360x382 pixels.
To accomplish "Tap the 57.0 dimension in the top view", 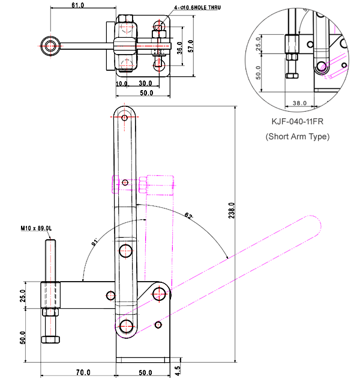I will click(x=190, y=46).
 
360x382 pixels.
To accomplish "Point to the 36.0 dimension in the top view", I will click(x=180, y=47).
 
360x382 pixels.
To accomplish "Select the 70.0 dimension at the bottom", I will click(x=83, y=372).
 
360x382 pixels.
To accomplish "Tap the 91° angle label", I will click(x=94, y=243).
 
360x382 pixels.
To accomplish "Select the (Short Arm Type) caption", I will click(x=298, y=136).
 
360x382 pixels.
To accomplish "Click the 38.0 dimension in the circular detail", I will click(x=300, y=103).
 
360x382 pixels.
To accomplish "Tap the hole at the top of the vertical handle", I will click(x=125, y=115).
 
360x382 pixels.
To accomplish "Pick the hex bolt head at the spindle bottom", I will click(x=50, y=339).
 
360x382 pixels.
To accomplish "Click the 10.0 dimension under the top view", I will click(x=122, y=83).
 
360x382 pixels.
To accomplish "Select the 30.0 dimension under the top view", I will click(x=145, y=83).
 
